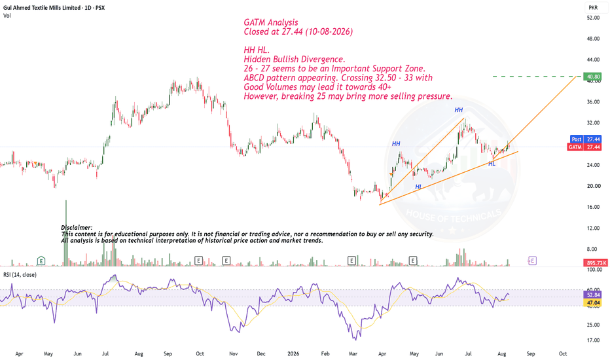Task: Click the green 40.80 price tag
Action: point(592,77)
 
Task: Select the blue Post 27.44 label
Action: point(586,139)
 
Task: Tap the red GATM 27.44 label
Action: point(584,147)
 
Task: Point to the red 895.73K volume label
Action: point(595,263)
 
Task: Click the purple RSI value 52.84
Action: point(593,295)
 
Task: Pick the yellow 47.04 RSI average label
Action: point(593,302)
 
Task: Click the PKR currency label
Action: point(593,7)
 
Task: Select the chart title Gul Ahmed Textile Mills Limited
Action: point(42,7)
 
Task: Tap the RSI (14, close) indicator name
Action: point(20,275)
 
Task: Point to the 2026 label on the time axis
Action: point(293,353)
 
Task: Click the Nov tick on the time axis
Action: point(234,353)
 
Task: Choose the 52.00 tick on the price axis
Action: point(593,18)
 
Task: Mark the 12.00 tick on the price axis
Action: point(593,228)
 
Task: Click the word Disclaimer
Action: point(77,228)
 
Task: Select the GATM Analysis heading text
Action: point(271,22)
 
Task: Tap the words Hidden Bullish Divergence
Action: point(294,59)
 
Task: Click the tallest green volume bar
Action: point(65,233)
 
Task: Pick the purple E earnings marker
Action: point(532,261)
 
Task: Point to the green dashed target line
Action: point(537,77)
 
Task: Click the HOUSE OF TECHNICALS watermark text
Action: point(454,215)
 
